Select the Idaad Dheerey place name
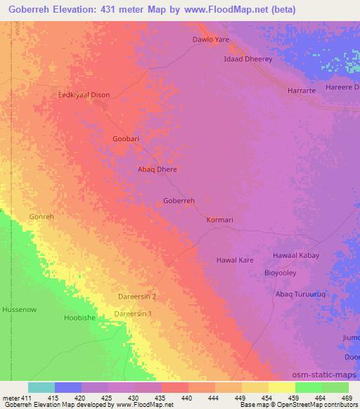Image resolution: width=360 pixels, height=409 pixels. coord(247,60)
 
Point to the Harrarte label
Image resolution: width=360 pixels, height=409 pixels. coord(304,91)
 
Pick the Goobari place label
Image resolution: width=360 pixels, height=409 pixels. coord(126,139)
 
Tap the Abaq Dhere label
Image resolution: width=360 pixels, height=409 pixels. coord(156,169)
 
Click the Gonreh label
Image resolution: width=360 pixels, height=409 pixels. coord(41,217)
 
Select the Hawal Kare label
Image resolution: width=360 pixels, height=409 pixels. coord(234,260)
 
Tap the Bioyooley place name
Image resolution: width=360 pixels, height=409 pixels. coord(283,273)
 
